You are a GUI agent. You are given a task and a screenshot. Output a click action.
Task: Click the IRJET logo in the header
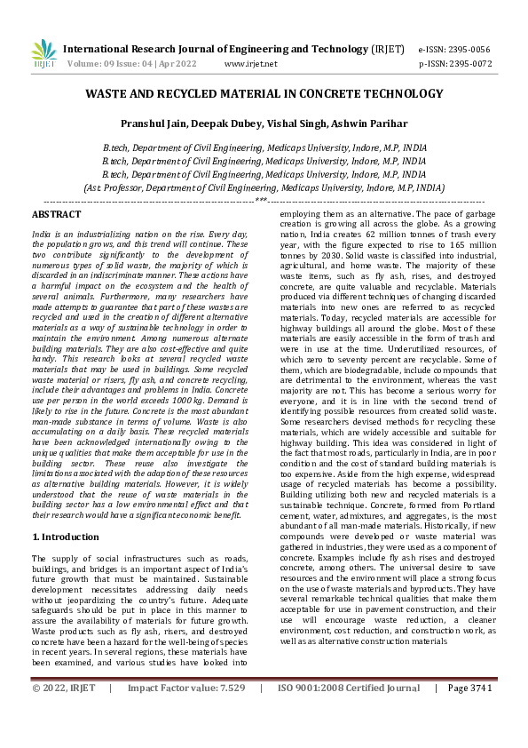43,54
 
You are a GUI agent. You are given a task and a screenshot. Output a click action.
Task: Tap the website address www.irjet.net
251,64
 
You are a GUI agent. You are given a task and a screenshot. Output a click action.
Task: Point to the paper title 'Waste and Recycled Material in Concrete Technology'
264,93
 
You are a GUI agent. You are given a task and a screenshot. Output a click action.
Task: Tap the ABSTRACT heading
56,214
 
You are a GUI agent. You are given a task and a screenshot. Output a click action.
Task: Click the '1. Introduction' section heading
67,537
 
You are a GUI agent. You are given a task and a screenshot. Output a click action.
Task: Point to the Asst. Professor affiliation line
264,188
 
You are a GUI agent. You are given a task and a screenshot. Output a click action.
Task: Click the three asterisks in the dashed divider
262,201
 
